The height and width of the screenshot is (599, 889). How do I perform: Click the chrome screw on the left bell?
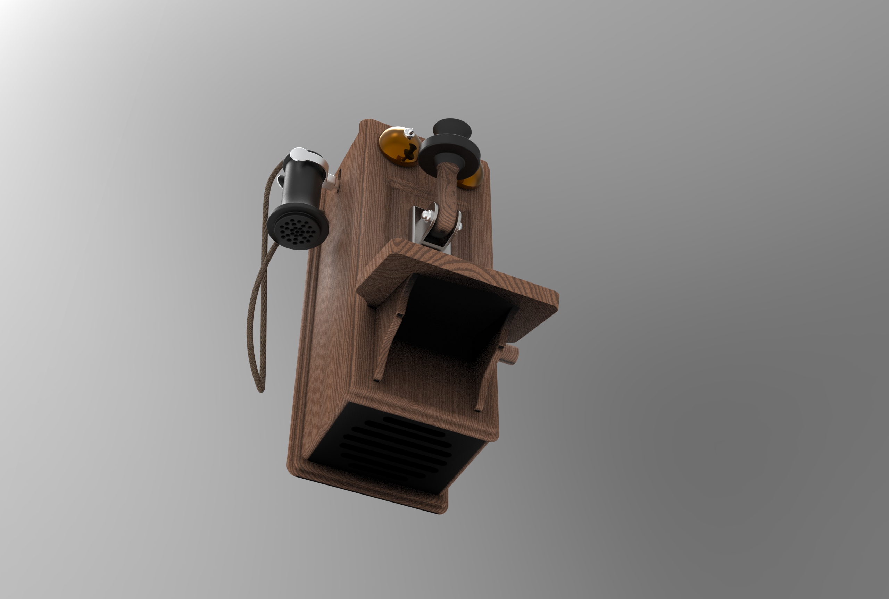(410, 132)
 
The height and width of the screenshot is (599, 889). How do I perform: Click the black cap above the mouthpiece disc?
(452, 127)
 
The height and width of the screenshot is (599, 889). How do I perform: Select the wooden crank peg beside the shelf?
(511, 355)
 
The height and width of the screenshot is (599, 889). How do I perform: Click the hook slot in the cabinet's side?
(338, 183)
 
